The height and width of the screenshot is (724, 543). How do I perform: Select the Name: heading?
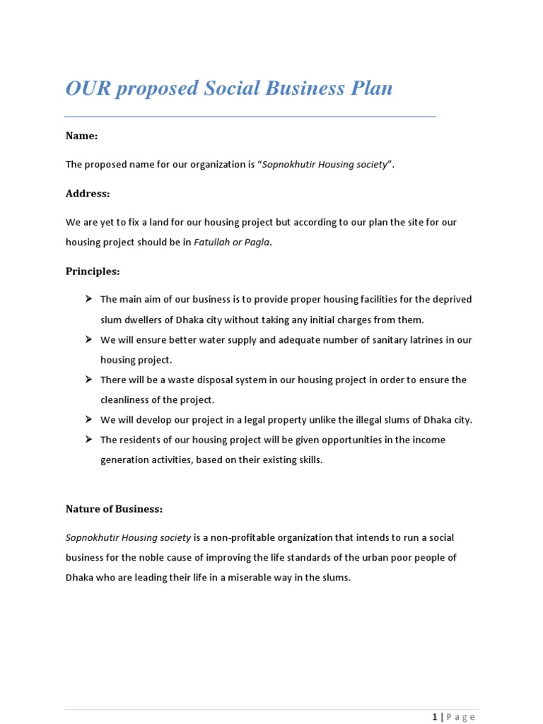pos(81,135)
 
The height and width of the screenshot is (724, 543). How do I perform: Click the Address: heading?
pos(88,193)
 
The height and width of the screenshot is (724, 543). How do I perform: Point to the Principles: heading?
pos(93,271)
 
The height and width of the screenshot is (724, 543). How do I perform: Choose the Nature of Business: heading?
pos(114,508)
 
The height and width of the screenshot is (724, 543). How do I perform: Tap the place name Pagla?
pos(257,242)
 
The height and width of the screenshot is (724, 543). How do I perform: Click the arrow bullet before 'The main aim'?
pos(89,299)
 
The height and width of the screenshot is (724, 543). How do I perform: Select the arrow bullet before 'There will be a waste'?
pos(89,380)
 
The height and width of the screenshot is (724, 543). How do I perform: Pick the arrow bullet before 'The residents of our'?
pos(89,440)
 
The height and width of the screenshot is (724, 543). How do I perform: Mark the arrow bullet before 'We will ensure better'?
pos(89,339)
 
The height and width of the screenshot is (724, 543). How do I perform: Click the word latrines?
pos(425,340)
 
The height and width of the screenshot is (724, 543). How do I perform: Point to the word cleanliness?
pos(128,400)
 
